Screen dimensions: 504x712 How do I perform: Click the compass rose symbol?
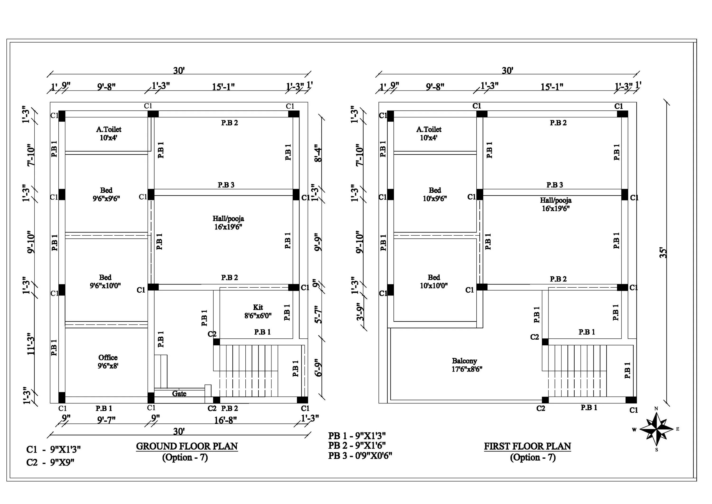(656, 429)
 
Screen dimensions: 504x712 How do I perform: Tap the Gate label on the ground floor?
(179, 394)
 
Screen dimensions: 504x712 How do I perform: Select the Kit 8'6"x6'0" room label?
(258, 312)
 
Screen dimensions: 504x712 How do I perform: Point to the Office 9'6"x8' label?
(108, 361)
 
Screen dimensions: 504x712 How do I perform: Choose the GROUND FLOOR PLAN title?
(187, 446)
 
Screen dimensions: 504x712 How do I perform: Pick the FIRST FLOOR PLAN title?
(528, 446)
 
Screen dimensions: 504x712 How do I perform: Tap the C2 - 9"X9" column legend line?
(51, 462)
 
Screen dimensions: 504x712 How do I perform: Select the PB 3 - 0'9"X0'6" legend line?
(360, 456)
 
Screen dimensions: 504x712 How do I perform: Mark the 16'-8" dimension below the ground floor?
(225, 420)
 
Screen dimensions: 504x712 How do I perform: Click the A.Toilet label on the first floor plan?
(429, 133)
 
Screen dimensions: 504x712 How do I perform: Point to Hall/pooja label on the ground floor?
(228, 223)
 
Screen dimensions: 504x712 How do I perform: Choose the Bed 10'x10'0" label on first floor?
(434, 281)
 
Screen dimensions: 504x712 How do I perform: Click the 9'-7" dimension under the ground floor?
(106, 420)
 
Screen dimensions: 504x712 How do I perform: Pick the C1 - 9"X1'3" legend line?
(54, 449)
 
